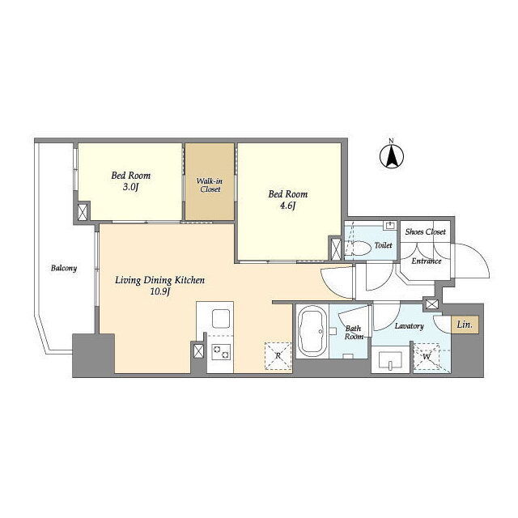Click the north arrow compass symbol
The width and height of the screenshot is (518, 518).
point(392,156)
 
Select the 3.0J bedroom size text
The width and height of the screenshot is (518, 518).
point(130,187)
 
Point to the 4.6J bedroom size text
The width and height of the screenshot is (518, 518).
point(287,206)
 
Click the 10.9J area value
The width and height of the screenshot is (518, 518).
point(160,291)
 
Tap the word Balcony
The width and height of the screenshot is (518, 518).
point(64,268)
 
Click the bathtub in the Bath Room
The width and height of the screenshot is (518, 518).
point(312,331)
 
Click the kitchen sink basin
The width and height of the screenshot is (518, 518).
point(221,318)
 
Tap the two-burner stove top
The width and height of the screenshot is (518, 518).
point(221,352)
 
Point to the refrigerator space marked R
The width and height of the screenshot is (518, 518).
point(278,356)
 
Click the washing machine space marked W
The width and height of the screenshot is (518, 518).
point(427,358)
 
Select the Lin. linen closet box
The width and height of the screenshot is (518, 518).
point(465,325)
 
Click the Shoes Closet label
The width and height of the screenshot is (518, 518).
point(425,231)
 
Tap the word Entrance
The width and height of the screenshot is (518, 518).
point(427,261)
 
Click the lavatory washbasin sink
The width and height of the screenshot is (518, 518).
point(390,360)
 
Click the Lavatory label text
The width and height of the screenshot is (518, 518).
point(409,326)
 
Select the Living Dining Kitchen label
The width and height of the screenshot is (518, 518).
point(160,280)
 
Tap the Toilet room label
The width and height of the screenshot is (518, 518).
point(383,245)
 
